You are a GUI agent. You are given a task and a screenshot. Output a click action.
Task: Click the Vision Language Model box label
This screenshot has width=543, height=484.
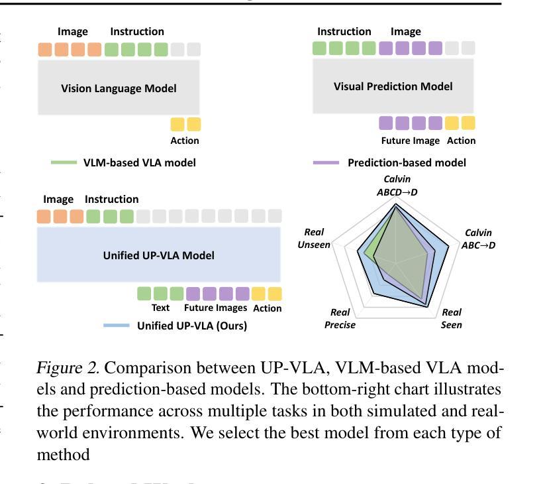119,88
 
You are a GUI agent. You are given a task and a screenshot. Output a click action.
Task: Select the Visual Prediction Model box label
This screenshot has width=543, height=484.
393,86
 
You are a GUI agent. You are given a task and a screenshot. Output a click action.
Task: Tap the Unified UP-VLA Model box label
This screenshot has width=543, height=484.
159,255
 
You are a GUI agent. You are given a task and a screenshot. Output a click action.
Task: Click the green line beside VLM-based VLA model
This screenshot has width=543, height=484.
64,162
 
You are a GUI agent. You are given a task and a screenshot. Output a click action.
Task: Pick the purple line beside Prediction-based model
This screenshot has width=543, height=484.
326,162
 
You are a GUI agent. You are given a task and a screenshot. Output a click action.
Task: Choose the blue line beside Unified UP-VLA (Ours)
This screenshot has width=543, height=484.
117,326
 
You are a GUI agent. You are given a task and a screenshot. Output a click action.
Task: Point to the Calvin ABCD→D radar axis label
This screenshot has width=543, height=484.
397,186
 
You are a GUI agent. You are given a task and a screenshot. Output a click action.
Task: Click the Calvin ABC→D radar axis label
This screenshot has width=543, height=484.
478,239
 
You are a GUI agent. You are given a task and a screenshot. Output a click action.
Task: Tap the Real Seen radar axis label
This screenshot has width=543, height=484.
452,318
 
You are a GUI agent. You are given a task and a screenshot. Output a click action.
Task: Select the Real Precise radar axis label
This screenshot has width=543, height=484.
340,318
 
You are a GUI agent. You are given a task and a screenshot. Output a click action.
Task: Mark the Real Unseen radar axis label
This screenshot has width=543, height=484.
314,238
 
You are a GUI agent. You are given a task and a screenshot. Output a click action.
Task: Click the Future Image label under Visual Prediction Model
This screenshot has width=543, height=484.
411,141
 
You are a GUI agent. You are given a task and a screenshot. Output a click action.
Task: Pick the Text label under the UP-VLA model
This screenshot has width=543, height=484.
161,308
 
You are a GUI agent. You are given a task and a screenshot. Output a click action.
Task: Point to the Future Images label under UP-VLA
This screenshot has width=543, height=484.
215,308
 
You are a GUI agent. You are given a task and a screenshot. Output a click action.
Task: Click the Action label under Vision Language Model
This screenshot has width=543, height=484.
185,141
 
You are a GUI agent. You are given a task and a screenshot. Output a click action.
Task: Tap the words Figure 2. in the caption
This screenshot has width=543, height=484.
68,368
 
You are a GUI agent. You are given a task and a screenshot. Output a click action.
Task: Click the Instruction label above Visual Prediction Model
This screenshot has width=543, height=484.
344,32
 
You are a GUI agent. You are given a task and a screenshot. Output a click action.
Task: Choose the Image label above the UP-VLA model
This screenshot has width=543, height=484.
58,200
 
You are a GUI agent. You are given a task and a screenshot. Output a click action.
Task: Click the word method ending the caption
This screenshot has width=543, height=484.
64,455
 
